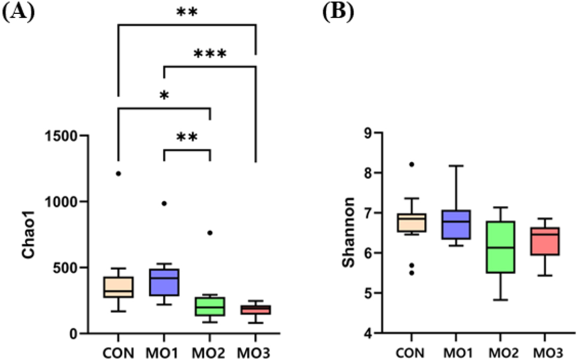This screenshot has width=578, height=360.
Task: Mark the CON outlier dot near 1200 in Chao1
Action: click(x=119, y=173)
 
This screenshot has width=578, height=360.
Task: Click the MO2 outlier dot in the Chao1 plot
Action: click(x=210, y=233)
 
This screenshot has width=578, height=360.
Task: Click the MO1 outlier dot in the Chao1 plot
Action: click(x=164, y=203)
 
